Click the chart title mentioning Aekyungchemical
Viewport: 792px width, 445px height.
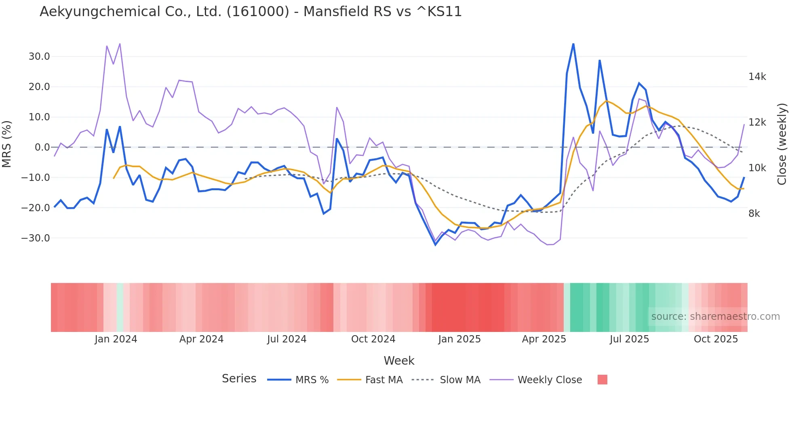tap(251, 12)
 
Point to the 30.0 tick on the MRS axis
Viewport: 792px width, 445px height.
tap(39, 57)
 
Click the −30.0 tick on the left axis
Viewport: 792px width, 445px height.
tap(36, 238)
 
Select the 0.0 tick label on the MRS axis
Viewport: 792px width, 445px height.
tap(42, 147)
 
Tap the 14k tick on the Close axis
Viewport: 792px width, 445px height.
tap(757, 77)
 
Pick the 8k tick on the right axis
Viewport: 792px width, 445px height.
tap(754, 214)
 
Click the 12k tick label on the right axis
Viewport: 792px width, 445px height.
tap(757, 122)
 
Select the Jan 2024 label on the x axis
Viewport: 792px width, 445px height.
tap(116, 339)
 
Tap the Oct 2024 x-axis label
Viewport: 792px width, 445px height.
tap(373, 339)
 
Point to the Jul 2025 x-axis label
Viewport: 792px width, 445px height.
tap(629, 339)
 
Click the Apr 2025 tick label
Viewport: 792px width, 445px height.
tap(544, 339)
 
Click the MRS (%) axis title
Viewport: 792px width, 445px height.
tap(7, 144)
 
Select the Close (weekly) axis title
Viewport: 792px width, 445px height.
tap(782, 144)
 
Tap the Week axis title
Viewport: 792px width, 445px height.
tap(399, 361)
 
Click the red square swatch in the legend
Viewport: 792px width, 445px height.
tap(602, 380)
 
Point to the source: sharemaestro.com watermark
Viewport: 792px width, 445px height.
tap(715, 317)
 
